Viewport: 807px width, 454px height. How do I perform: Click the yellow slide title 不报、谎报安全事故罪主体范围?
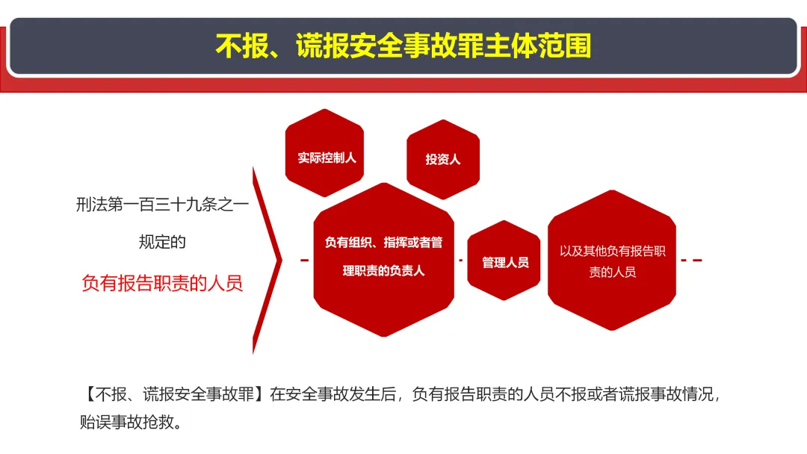(403, 46)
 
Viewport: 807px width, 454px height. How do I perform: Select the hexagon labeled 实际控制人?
(325, 153)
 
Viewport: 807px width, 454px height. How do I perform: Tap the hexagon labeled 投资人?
(443, 159)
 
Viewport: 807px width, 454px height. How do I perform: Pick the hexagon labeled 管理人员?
(504, 261)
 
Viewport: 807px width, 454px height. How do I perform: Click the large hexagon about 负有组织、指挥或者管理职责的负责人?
(384, 260)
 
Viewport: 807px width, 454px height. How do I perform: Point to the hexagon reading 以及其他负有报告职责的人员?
(612, 260)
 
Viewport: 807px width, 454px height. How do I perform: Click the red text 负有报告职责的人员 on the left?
(162, 283)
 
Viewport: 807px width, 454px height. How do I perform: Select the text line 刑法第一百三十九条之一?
(162, 205)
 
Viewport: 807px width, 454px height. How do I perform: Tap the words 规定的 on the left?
(162, 242)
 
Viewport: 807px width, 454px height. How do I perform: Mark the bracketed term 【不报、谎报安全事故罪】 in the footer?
(174, 394)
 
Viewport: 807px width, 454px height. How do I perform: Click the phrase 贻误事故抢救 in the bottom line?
(126, 422)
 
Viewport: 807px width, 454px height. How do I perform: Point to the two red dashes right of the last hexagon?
(691, 260)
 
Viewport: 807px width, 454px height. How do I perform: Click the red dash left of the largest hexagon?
(305, 260)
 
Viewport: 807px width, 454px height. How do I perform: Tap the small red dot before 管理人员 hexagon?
(460, 260)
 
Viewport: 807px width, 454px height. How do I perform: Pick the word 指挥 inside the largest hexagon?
(395, 242)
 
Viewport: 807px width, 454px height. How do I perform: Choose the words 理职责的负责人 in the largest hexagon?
(384, 270)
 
